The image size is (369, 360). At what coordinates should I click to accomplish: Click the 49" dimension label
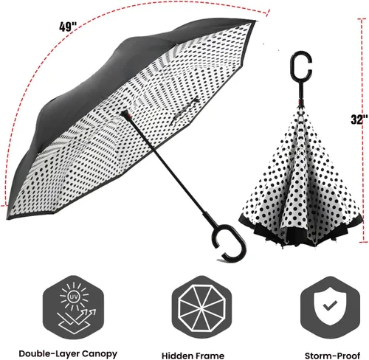tap(68, 27)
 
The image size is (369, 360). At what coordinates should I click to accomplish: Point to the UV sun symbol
tap(74, 297)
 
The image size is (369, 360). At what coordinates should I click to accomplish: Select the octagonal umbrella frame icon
tap(201, 308)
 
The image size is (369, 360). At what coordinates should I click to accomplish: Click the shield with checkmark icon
tap(331, 306)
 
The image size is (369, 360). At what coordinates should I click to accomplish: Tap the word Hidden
tap(176, 356)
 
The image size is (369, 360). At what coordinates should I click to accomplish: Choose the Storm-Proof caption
tap(332, 356)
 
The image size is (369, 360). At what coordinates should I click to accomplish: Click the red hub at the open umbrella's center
tap(125, 114)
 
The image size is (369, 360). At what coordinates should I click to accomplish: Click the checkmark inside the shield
tap(330, 305)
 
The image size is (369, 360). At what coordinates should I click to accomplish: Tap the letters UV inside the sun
tap(74, 297)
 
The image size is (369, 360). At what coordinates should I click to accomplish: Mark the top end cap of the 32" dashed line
tap(362, 18)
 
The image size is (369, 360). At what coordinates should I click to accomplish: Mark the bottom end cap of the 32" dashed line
tap(363, 242)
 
